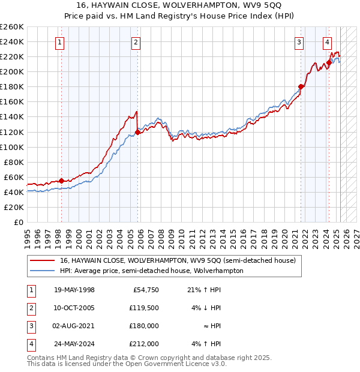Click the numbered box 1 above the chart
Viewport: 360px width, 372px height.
pos(61,42)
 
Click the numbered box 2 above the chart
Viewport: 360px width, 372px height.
pos(136,42)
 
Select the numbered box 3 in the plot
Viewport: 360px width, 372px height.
pos(299,42)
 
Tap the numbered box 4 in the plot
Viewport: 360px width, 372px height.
pos(327,42)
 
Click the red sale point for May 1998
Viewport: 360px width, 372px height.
pos(61,181)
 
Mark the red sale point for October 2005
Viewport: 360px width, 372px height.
pos(137,132)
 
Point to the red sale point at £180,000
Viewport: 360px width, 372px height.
pos(301,86)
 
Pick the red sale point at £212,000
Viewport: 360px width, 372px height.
pos(329,62)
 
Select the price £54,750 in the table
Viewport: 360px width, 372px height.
pos(146,290)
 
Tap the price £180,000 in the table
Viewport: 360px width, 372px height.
pos(144,326)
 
